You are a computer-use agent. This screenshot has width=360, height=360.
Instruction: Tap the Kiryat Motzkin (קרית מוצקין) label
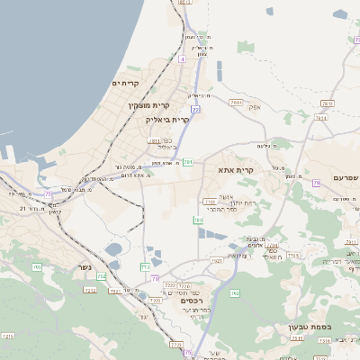pos(150,105)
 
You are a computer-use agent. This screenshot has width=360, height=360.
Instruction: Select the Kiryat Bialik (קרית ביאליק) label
pos(169,120)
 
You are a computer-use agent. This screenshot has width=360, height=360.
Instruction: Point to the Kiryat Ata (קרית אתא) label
pos(237,169)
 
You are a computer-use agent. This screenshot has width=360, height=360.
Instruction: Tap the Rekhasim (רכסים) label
pos(193,301)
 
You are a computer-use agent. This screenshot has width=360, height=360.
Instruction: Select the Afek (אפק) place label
pos(255,108)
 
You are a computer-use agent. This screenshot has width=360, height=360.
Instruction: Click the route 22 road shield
pos(194,110)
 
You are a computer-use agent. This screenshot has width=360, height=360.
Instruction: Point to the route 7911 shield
pos(236,104)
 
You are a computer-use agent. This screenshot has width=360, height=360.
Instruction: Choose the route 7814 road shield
pos(320,118)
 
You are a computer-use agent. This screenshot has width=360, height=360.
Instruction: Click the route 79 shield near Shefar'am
pos(317,183)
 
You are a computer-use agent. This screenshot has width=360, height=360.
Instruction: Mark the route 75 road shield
pos(48,193)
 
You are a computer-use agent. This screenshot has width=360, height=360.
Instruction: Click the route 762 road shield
pos(235,293)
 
